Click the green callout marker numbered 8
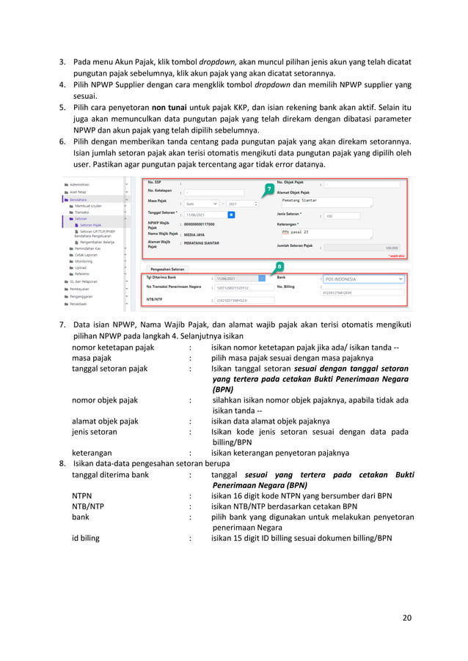coord(279,266)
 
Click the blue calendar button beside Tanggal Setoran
coord(231,215)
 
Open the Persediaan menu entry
coord(78,304)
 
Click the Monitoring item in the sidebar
coord(84,259)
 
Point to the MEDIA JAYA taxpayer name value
coord(194,235)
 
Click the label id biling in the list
coord(86,537)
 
